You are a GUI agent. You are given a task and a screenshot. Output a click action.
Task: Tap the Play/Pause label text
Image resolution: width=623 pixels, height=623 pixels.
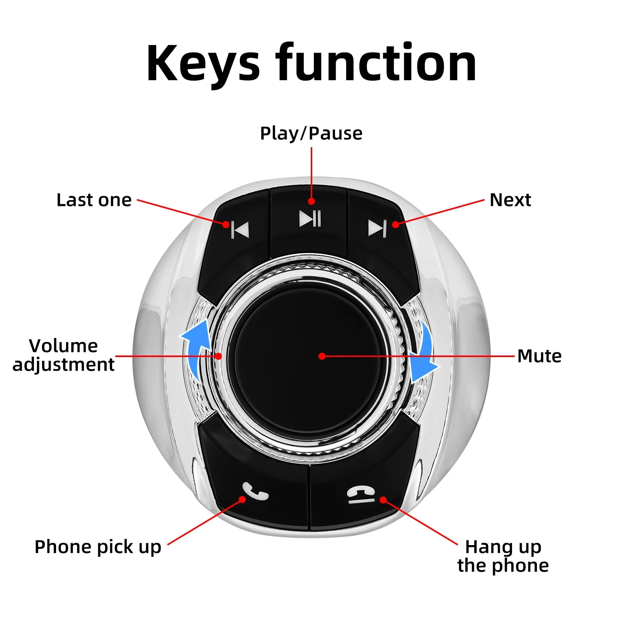pyautogui.click(x=311, y=134)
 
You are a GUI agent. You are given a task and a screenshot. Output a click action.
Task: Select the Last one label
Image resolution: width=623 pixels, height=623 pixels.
pyautogui.click(x=94, y=200)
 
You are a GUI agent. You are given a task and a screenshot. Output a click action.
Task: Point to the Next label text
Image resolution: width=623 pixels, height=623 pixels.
pyautogui.click(x=510, y=200)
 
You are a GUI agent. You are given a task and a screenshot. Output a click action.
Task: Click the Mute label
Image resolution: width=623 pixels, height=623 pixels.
pyautogui.click(x=539, y=356)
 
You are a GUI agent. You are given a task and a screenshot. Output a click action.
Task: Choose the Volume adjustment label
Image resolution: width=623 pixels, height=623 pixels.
pyautogui.click(x=63, y=355)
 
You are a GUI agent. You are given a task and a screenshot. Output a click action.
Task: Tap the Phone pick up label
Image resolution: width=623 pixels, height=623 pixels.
pyautogui.click(x=98, y=547)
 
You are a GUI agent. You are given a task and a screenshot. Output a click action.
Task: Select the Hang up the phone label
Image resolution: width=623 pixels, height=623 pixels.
pyautogui.click(x=503, y=556)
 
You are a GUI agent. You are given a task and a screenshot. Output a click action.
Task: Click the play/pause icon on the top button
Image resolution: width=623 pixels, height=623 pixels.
pyautogui.click(x=310, y=218)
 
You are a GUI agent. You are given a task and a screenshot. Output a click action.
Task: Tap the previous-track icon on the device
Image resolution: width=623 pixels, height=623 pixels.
pyautogui.click(x=240, y=229)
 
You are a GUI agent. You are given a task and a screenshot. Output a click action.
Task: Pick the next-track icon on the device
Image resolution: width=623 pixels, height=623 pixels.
pyautogui.click(x=377, y=228)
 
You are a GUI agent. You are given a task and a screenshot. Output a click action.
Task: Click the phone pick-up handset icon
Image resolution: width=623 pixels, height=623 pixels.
pyautogui.click(x=255, y=491)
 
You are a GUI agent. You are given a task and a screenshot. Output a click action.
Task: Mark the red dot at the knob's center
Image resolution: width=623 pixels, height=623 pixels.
pyautogui.click(x=322, y=356)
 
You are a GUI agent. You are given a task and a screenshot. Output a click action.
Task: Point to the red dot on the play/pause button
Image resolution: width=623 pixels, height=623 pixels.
pyautogui.click(x=311, y=201)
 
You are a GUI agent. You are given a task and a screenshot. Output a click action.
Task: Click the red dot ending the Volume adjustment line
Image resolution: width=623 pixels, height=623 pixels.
pyautogui.click(x=218, y=356)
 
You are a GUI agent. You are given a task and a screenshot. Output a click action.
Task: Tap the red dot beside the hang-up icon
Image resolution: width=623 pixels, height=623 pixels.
pyautogui.click(x=383, y=500)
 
